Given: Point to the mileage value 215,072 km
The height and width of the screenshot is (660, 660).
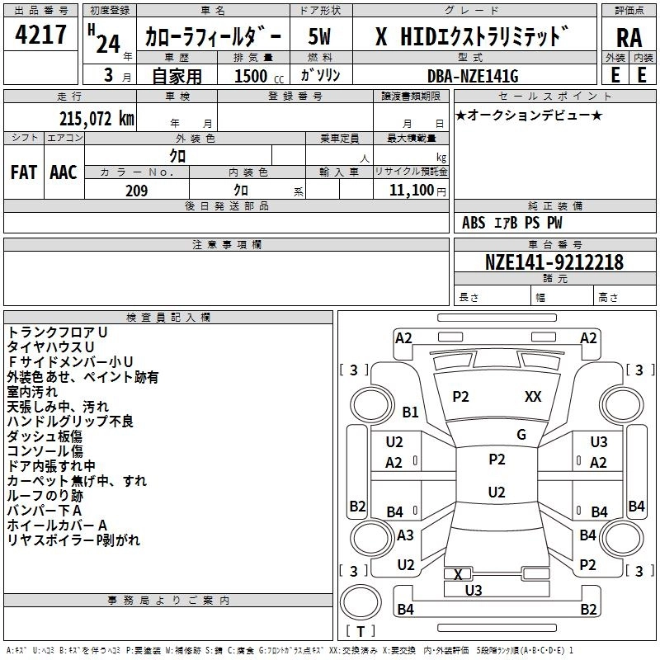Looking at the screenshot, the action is [97, 119].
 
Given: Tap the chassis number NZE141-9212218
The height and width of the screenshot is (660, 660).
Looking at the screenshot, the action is [554, 262].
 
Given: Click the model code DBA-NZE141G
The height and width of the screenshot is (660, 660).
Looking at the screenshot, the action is [474, 76].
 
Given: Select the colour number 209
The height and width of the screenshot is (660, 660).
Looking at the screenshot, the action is [136, 191].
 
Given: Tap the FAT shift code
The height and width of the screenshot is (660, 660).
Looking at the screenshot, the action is [23, 172].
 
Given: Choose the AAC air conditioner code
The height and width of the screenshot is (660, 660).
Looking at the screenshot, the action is [64, 172].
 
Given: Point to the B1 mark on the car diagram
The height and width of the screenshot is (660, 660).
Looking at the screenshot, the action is [410, 412].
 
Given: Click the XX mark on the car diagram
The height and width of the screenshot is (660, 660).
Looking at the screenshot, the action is [533, 397].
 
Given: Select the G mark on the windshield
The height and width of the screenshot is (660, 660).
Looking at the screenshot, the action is [521, 435].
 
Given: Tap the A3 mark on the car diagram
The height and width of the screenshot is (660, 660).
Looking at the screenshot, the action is [405, 535].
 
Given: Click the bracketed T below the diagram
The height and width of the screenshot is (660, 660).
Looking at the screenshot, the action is [361, 631].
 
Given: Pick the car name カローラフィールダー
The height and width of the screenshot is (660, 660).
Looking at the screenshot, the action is [213, 36].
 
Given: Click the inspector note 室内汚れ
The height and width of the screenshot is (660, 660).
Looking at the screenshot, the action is [34, 392].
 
